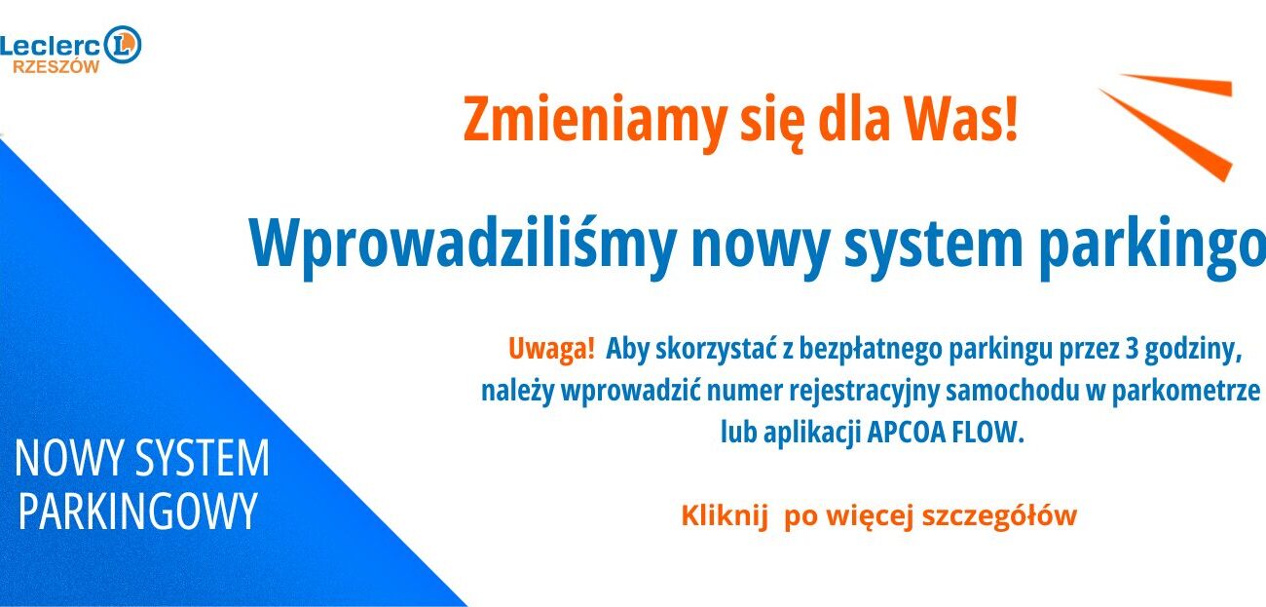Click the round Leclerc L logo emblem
(x=123, y=44)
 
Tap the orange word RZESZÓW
(x=56, y=67)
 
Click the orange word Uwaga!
(x=551, y=349)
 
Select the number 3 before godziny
(x=1132, y=350)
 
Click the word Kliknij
(x=725, y=515)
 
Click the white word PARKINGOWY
(x=138, y=512)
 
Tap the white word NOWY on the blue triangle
(x=70, y=458)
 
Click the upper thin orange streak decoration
(x=1175, y=85)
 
